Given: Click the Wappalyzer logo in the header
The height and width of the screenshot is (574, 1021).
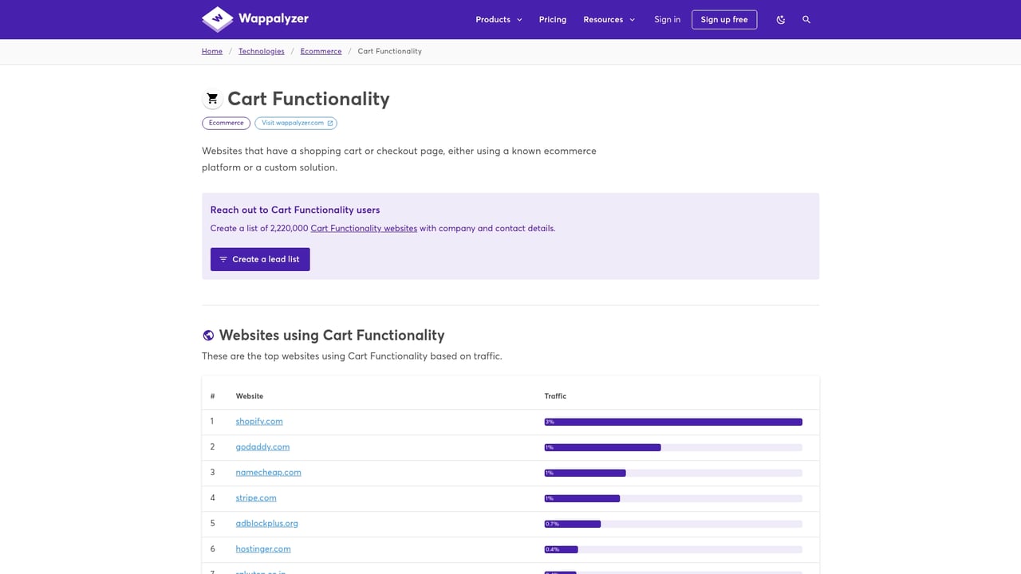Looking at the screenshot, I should point(255,19).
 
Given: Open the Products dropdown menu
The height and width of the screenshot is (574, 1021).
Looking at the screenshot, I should point(499,19).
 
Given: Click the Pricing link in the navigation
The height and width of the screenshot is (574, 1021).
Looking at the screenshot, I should point(552,19).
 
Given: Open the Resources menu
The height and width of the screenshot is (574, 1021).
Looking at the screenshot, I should point(609,19).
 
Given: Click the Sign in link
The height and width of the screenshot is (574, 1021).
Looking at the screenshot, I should point(667,19).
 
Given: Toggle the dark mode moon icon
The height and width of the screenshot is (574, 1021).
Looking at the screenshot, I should point(780,19).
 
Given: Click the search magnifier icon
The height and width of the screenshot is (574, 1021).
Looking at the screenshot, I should point(806,19).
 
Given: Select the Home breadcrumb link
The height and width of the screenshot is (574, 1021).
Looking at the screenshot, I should point(212,51).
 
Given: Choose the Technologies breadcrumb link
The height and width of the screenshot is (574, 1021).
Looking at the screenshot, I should point(261,51).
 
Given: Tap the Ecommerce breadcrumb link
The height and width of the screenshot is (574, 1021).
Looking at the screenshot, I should point(321,51).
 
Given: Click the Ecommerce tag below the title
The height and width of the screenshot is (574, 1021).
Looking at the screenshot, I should point(226,123).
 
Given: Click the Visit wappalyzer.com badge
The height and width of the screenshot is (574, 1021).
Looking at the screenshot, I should point(296,123).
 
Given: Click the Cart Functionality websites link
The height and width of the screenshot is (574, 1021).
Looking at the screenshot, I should point(364,228).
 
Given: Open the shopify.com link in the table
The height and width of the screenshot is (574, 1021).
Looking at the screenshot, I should point(259,421).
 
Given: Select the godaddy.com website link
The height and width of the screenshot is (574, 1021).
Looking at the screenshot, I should point(262,446).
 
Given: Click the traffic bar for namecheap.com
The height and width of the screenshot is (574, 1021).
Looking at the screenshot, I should point(672,473).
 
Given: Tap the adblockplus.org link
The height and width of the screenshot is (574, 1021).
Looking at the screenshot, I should point(266,523).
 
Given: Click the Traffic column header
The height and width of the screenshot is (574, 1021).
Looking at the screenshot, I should point(555,396).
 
